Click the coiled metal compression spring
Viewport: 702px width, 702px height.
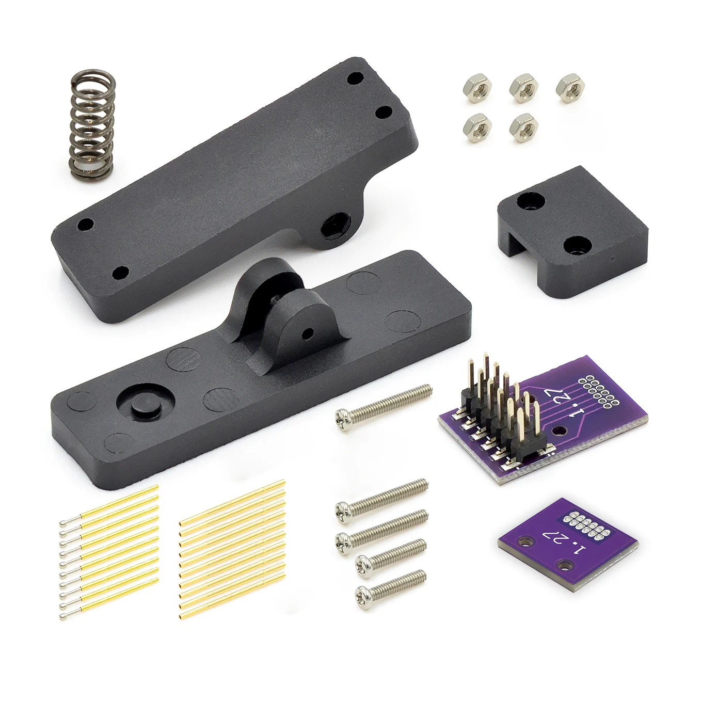pos(92,125)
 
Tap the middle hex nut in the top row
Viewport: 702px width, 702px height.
pos(524,87)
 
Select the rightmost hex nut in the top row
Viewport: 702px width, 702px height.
pos(570,88)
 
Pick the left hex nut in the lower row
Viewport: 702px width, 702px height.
pos(477,127)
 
